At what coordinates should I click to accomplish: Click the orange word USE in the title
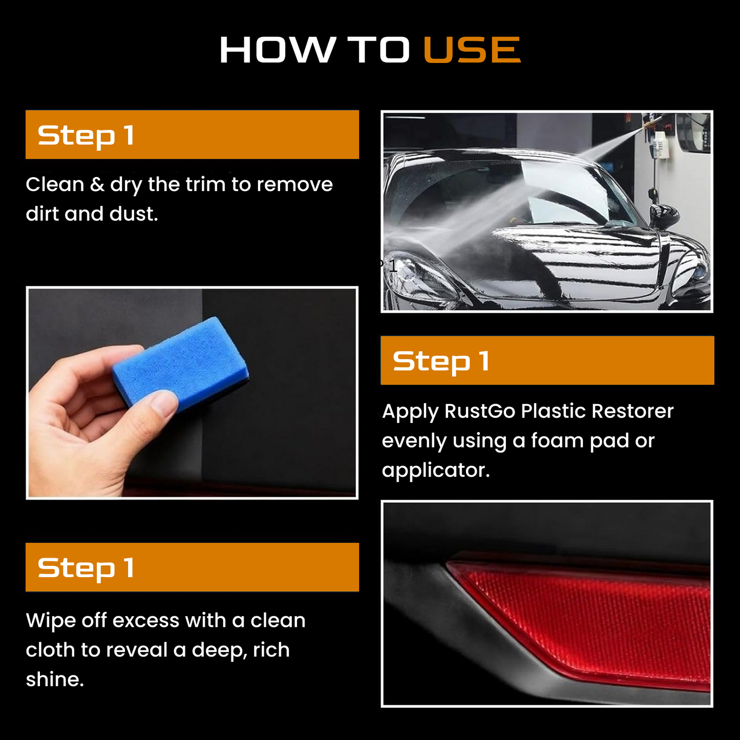click(472, 50)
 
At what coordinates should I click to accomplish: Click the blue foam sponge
click(181, 363)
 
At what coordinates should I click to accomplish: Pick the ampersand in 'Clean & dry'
click(97, 185)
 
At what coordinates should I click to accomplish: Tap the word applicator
click(436, 471)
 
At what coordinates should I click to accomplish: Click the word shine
click(54, 680)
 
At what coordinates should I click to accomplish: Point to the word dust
click(134, 214)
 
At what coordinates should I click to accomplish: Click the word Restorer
click(632, 411)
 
